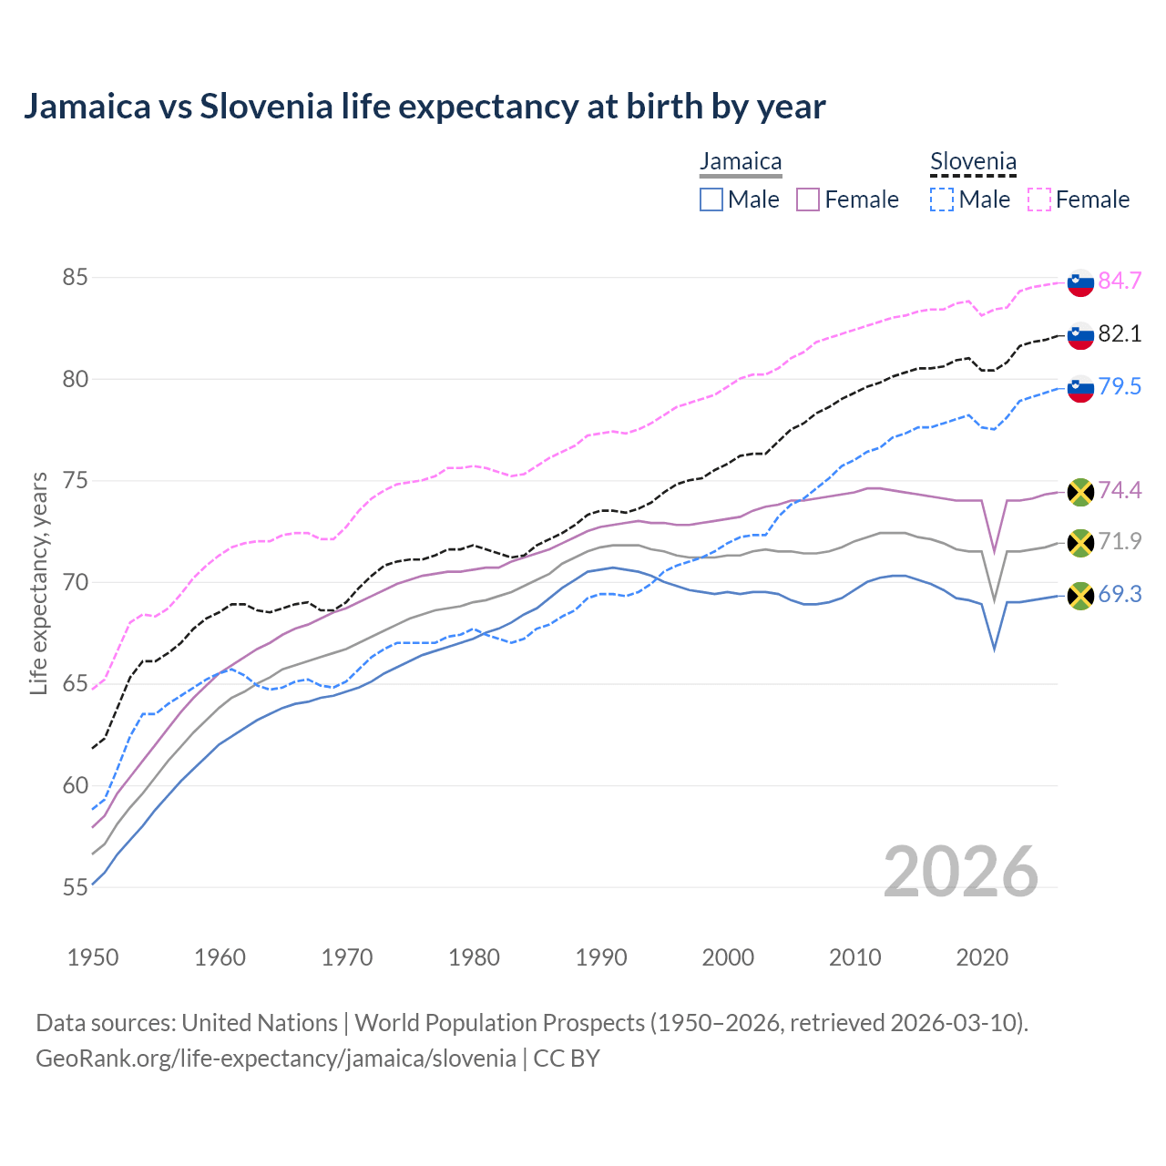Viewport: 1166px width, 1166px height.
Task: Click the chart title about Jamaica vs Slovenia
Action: pyautogui.click(x=424, y=107)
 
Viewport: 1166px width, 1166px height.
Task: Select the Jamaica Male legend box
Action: pyautogui.click(x=711, y=199)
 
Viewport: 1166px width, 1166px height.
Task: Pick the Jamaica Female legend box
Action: pyautogui.click(x=808, y=199)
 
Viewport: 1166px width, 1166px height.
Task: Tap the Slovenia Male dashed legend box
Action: pyautogui.click(x=942, y=199)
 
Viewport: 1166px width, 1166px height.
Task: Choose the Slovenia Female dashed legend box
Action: pyautogui.click(x=1039, y=199)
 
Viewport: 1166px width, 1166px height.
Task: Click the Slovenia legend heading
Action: pyautogui.click(x=973, y=162)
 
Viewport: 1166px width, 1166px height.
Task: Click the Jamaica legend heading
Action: pyautogui.click(x=741, y=162)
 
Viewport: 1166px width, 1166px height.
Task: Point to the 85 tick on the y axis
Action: pyautogui.click(x=75, y=277)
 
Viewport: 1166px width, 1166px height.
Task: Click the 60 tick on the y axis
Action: pyautogui.click(x=75, y=785)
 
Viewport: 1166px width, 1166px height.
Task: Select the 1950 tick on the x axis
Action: pyautogui.click(x=93, y=957)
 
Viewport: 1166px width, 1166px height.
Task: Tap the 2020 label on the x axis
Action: pyautogui.click(x=982, y=957)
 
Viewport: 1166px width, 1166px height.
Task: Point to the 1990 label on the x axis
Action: pyautogui.click(x=601, y=957)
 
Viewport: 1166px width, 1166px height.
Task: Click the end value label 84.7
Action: pyautogui.click(x=1120, y=281)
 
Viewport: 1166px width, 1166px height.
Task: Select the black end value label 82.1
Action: pyautogui.click(x=1120, y=334)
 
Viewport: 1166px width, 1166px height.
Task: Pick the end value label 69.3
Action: pyautogui.click(x=1120, y=595)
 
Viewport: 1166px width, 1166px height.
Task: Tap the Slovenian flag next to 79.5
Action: pyautogui.click(x=1080, y=388)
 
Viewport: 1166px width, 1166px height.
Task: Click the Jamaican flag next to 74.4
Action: pyautogui.click(x=1080, y=492)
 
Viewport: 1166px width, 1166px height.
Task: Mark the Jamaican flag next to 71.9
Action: pyautogui.click(x=1080, y=543)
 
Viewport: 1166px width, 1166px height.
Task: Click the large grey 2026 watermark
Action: pyautogui.click(x=960, y=872)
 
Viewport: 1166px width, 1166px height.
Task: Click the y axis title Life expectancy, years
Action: pyautogui.click(x=39, y=583)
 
